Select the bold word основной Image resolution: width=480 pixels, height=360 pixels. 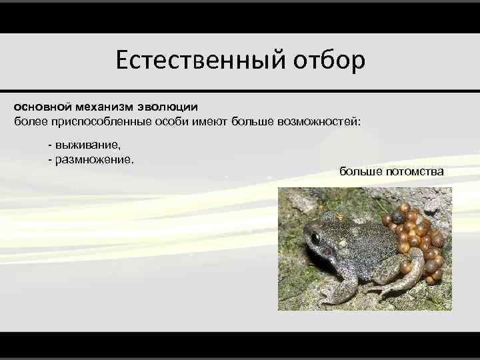coord(43,107)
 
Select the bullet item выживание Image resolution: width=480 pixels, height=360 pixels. coord(87,145)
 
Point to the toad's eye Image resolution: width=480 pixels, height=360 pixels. coord(315,237)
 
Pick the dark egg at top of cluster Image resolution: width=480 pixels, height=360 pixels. coord(404,208)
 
